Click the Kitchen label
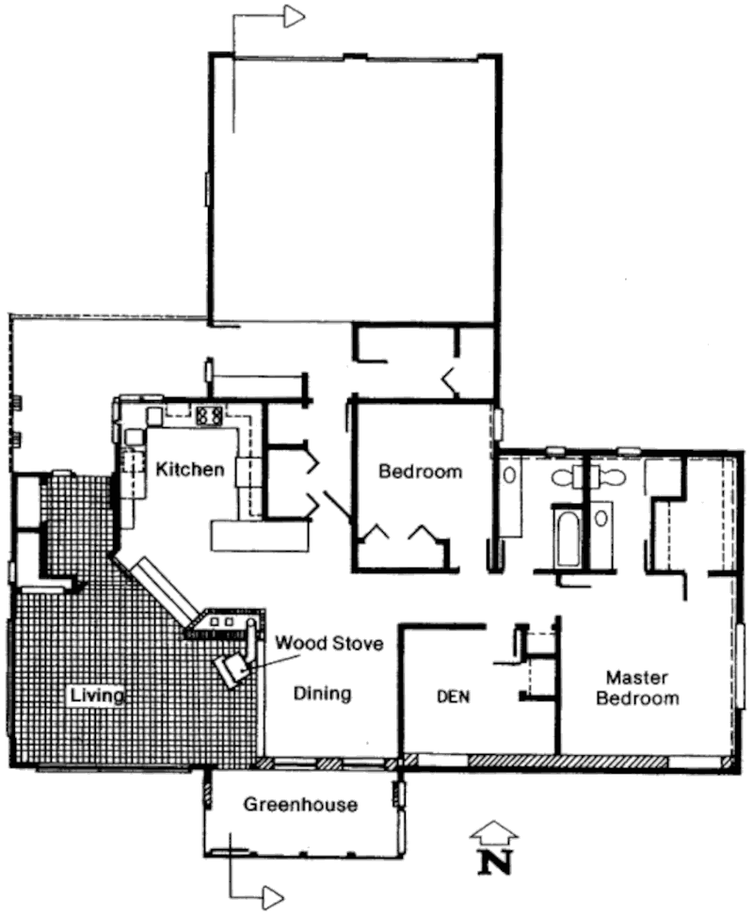190,469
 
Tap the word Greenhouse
300,805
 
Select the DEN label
453,697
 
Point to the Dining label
322,694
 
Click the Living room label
97,696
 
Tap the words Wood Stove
329,643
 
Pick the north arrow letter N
496,862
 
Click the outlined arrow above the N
494,832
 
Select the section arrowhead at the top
295,16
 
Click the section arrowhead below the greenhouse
274,896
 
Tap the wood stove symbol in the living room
233,668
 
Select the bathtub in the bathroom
567,538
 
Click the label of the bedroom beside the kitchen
421,471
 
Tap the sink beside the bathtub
601,518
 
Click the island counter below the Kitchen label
260,536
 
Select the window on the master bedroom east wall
741,666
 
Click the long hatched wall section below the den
568,761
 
